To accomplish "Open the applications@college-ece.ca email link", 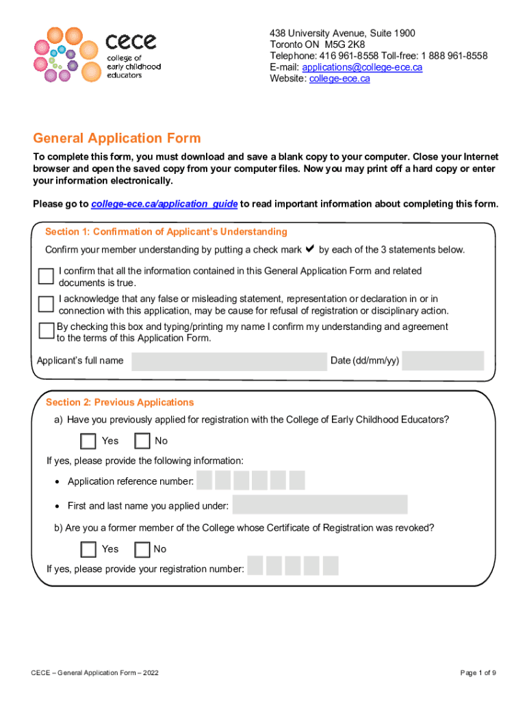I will tap(362, 67).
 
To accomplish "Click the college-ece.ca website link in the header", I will tap(339, 79).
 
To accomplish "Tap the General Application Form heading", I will tap(117, 138).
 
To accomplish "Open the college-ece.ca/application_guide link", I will tap(164, 204).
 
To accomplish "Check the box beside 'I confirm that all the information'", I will tap(46, 276).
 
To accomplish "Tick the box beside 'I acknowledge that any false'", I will tap(46, 303).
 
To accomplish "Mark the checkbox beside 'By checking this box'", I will tap(46, 331).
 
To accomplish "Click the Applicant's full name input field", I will tap(229, 361).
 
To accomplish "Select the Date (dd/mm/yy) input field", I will tap(442, 361).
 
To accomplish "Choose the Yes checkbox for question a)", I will tap(88, 440).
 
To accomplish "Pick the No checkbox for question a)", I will tap(142, 440).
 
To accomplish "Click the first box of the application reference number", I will tap(205, 481).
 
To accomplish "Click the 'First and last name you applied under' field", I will tap(320, 505).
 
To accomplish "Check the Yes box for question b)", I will tap(88, 549).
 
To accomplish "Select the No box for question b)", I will tap(142, 549).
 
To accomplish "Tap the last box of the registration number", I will tap(331, 565).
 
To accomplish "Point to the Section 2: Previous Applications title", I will tap(120, 403).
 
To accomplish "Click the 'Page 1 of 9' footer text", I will tap(478, 673).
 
